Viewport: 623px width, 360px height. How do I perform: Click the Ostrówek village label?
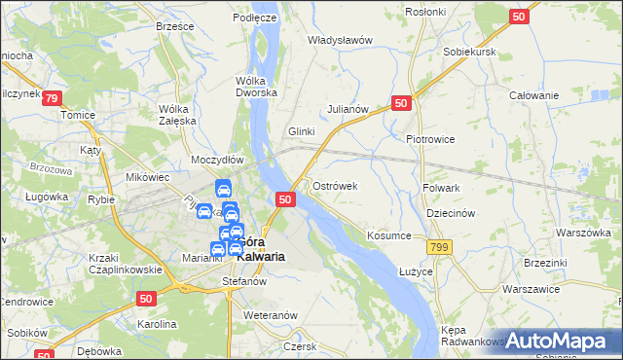336,185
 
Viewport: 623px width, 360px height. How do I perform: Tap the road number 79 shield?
52,98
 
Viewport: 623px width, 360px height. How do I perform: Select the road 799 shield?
441,248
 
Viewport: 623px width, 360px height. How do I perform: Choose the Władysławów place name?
341,40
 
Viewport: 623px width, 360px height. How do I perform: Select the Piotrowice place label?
430,139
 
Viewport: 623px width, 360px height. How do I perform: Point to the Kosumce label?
389,235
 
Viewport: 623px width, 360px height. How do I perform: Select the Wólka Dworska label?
257,87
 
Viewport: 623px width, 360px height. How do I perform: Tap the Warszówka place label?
583,234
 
